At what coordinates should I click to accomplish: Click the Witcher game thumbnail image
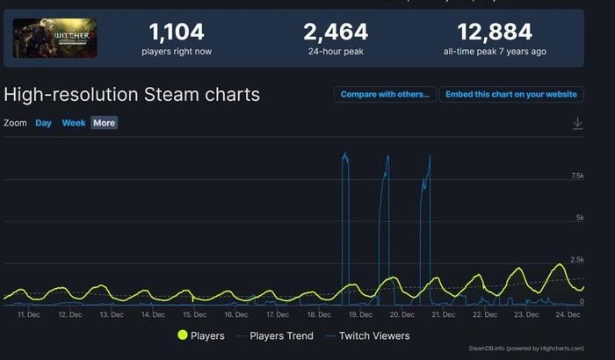click(54, 39)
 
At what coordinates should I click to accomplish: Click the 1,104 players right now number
click(177, 32)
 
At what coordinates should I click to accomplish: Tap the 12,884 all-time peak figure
click(494, 32)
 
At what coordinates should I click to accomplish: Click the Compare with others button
click(385, 94)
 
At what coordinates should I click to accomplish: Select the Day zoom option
click(43, 123)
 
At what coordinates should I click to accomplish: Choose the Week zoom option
click(74, 123)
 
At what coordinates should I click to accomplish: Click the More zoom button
click(104, 123)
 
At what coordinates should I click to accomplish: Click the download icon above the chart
click(577, 124)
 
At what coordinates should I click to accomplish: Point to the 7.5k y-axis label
click(576, 176)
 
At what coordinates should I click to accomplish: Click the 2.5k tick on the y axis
click(576, 260)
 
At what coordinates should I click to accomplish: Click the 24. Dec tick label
click(568, 313)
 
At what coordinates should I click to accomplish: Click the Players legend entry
click(201, 335)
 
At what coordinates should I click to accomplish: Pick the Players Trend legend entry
click(275, 335)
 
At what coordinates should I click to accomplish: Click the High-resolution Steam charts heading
click(132, 94)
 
